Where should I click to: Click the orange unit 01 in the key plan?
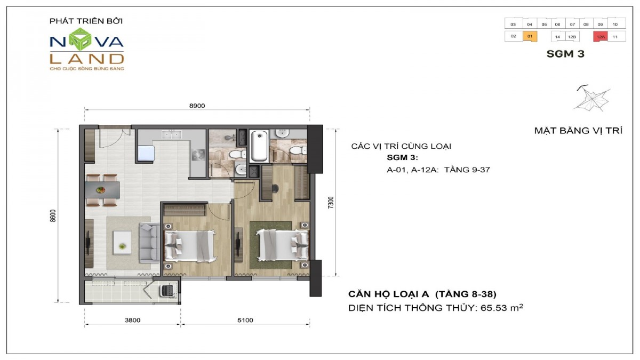tap(530, 36)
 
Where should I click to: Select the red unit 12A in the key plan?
tap(601, 37)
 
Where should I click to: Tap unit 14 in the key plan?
tap(558, 37)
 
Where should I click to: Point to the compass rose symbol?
tap(591, 99)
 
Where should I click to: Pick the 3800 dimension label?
tap(132, 321)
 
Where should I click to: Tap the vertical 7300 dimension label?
tap(331, 203)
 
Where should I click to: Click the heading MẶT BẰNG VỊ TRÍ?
tap(578, 131)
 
